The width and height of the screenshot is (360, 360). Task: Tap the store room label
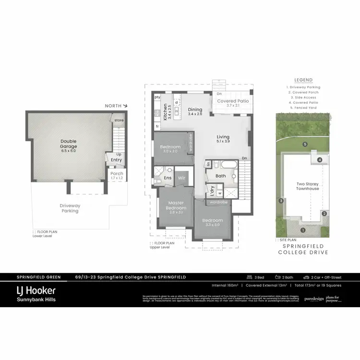(x=119, y=120)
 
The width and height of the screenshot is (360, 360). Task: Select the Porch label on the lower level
(x=117, y=173)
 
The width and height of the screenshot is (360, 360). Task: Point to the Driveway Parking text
(x=70, y=208)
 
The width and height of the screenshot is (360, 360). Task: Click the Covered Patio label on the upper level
(x=233, y=101)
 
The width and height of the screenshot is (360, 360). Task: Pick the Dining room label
(x=195, y=110)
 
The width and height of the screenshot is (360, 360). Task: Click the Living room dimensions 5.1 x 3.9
(x=223, y=141)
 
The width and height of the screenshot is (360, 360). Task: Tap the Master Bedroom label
(x=176, y=205)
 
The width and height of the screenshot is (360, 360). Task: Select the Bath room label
(x=220, y=176)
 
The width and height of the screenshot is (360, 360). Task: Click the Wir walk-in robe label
(x=182, y=178)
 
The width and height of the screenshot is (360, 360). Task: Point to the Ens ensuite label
(x=168, y=178)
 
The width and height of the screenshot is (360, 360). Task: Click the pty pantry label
(x=157, y=97)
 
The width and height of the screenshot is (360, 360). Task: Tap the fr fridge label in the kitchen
(x=157, y=126)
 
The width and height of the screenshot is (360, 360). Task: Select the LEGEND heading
(x=303, y=80)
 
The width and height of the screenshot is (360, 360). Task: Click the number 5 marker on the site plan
(x=304, y=144)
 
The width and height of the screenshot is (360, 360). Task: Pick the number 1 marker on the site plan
(x=302, y=230)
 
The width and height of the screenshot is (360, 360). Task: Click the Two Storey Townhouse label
(x=307, y=186)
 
